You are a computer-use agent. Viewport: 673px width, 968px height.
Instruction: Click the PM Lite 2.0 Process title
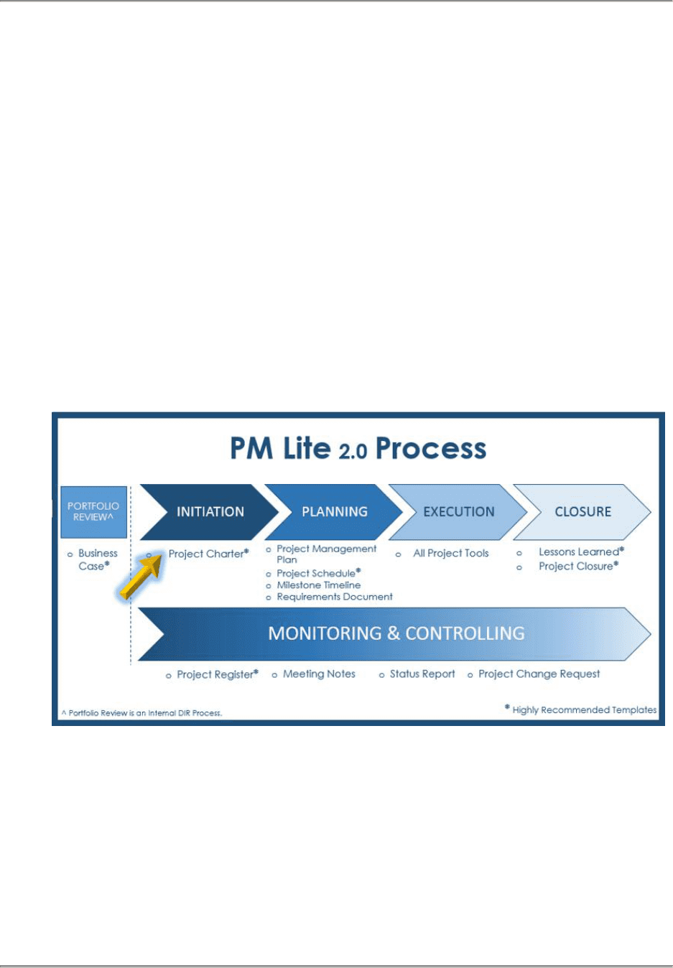point(358,449)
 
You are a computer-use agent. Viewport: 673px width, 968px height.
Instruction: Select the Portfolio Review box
point(93,512)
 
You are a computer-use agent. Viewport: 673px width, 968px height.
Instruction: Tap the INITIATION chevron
point(210,512)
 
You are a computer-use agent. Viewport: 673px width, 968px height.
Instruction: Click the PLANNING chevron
point(334,512)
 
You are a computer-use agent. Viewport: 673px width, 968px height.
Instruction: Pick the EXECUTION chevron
point(458,512)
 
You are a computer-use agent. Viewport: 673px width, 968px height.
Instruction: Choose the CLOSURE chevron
point(583,512)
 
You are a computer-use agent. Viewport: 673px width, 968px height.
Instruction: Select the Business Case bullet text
point(97,559)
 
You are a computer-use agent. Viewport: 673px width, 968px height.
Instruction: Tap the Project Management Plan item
point(326,554)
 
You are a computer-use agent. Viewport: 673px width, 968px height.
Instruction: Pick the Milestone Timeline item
point(318,585)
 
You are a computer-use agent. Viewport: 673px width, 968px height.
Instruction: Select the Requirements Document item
point(334,597)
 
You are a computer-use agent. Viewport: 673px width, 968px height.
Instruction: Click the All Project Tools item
point(450,553)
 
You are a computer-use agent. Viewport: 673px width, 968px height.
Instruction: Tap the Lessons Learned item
point(581,552)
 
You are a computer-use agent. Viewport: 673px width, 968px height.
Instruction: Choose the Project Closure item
point(578,566)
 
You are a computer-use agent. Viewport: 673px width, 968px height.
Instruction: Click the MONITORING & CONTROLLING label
point(396,633)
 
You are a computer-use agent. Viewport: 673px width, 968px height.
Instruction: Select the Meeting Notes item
point(319,674)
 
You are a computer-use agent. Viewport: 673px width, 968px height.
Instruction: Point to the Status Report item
point(422,674)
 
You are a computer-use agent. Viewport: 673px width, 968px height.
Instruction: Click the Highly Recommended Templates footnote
point(583,709)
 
